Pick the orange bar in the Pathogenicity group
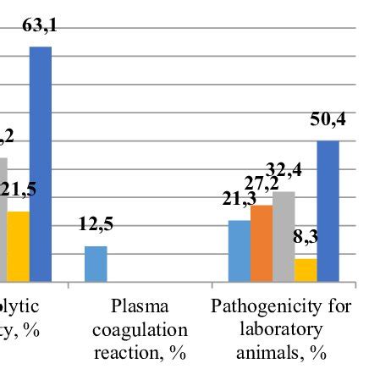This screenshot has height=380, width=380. click(x=262, y=243)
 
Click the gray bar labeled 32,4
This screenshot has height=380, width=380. click(x=284, y=236)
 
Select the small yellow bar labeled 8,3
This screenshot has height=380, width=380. click(x=306, y=269)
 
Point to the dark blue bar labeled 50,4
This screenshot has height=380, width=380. click(x=328, y=211)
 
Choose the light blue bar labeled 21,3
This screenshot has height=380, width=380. click(x=240, y=251)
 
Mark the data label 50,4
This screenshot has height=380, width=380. click(x=328, y=122)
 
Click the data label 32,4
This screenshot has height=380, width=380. click(x=285, y=173)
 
